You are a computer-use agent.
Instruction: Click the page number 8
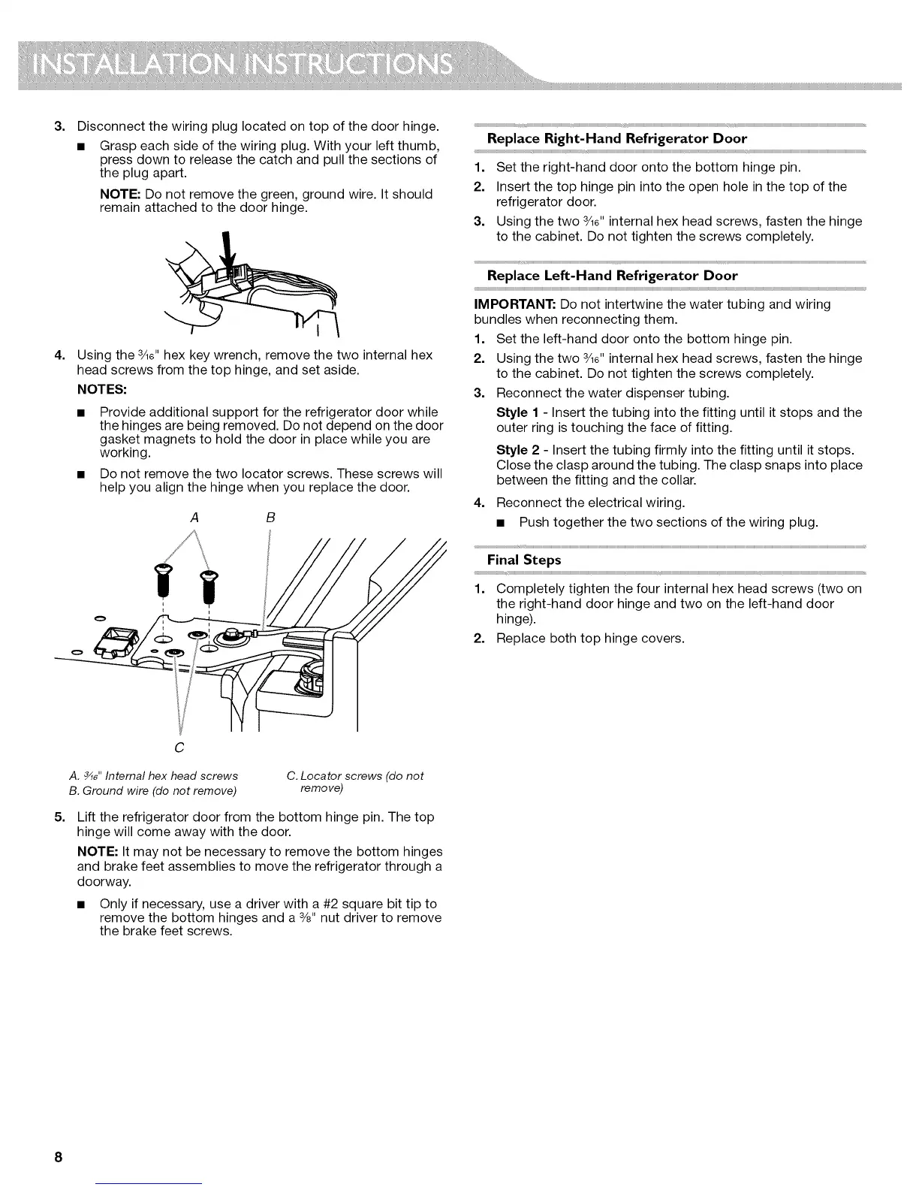coord(58,1156)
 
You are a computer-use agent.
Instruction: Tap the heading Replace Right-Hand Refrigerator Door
coord(616,138)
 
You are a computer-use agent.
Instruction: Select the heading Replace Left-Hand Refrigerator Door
coord(612,276)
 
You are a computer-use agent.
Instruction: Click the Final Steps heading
coord(524,560)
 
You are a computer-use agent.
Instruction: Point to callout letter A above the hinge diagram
coord(195,518)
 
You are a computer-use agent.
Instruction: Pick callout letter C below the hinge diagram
coord(179,748)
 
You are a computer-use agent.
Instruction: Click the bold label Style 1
coord(518,412)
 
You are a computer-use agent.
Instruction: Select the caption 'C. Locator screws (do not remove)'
coord(354,781)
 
